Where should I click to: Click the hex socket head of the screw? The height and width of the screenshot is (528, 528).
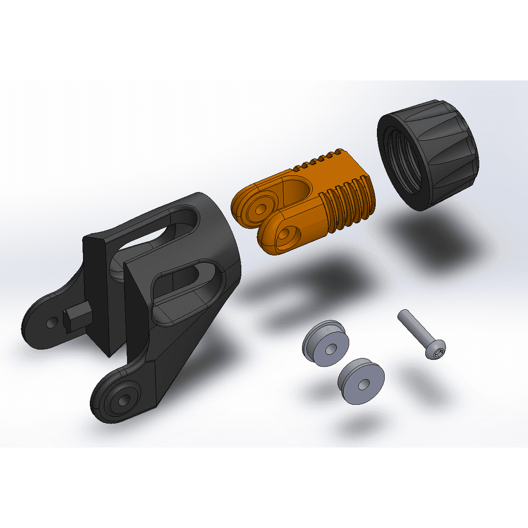pyautogui.click(x=437, y=352)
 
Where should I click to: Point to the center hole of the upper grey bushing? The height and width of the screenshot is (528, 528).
pyautogui.click(x=328, y=349)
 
